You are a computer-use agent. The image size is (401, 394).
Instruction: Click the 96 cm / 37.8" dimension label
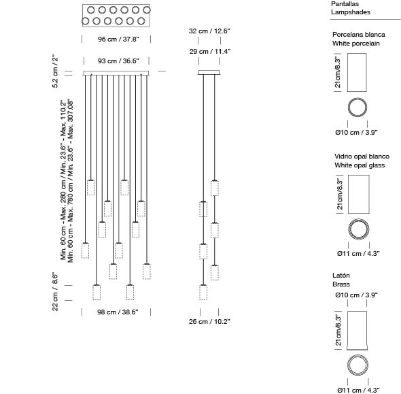coord(118,39)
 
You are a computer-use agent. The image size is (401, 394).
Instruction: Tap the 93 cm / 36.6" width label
coord(118,61)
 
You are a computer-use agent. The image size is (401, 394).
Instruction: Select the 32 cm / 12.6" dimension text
coord(209,31)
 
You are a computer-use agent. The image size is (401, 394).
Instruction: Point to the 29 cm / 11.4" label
coord(210,52)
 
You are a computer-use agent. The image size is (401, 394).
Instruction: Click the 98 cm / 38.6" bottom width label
coord(118,312)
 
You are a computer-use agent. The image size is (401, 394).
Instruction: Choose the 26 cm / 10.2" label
coord(209,322)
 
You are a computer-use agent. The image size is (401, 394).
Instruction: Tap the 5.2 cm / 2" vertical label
coord(55,71)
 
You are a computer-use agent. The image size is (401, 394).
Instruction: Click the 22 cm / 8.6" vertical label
coord(55,292)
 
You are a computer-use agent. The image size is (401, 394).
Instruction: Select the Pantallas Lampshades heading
coord(351,8)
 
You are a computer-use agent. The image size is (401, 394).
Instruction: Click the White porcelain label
coord(355,44)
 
